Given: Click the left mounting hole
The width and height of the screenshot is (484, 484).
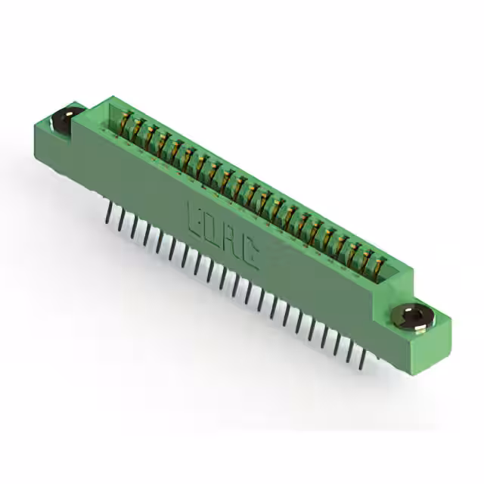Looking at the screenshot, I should coord(64,119).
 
